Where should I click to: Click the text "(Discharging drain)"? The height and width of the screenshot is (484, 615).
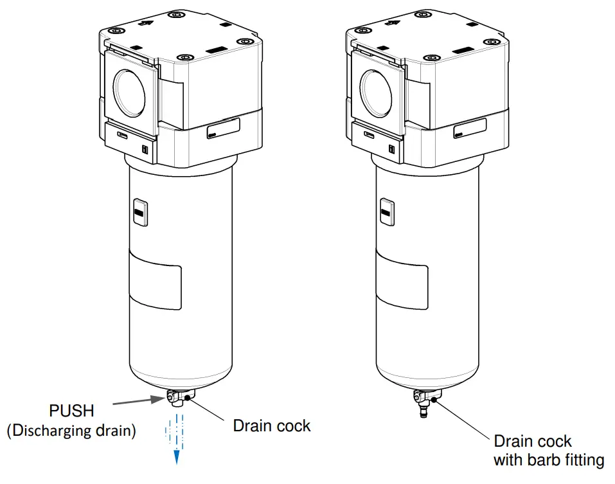[71, 431]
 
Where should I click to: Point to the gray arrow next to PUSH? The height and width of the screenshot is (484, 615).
[136, 402]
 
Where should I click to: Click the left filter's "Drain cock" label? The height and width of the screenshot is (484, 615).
[271, 426]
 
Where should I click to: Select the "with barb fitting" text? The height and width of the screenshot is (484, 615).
[548, 460]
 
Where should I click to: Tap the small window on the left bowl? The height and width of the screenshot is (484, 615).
[140, 212]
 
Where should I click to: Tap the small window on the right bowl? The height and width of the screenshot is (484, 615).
[387, 212]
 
